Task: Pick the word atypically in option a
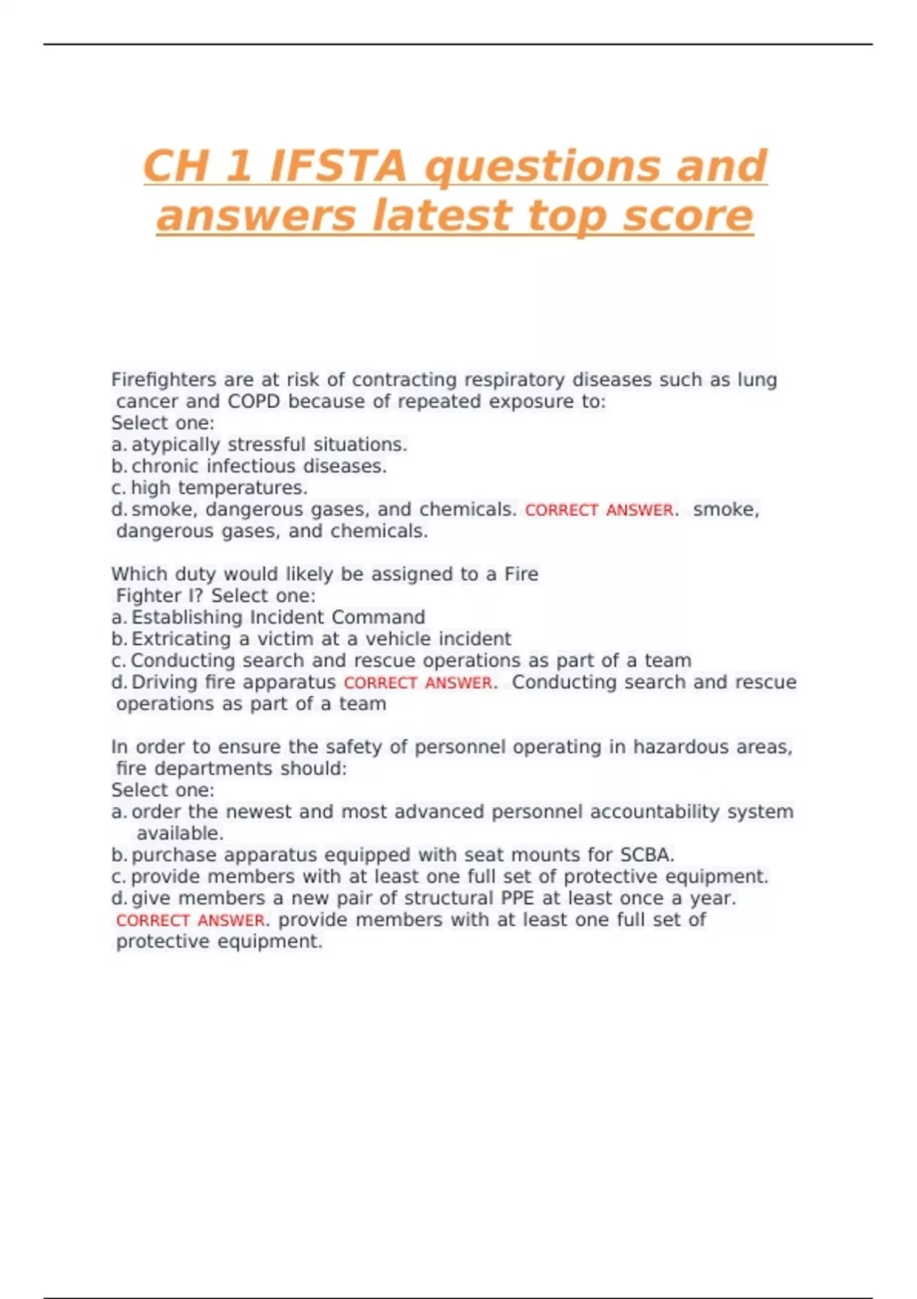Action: (x=175, y=445)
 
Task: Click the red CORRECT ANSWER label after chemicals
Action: (x=599, y=510)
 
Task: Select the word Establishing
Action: (x=187, y=617)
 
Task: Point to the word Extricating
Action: (x=181, y=639)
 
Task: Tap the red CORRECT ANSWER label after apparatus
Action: (x=418, y=682)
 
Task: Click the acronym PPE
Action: (x=517, y=898)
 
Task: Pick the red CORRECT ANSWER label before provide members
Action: (x=190, y=920)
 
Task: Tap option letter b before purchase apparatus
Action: (x=118, y=855)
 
